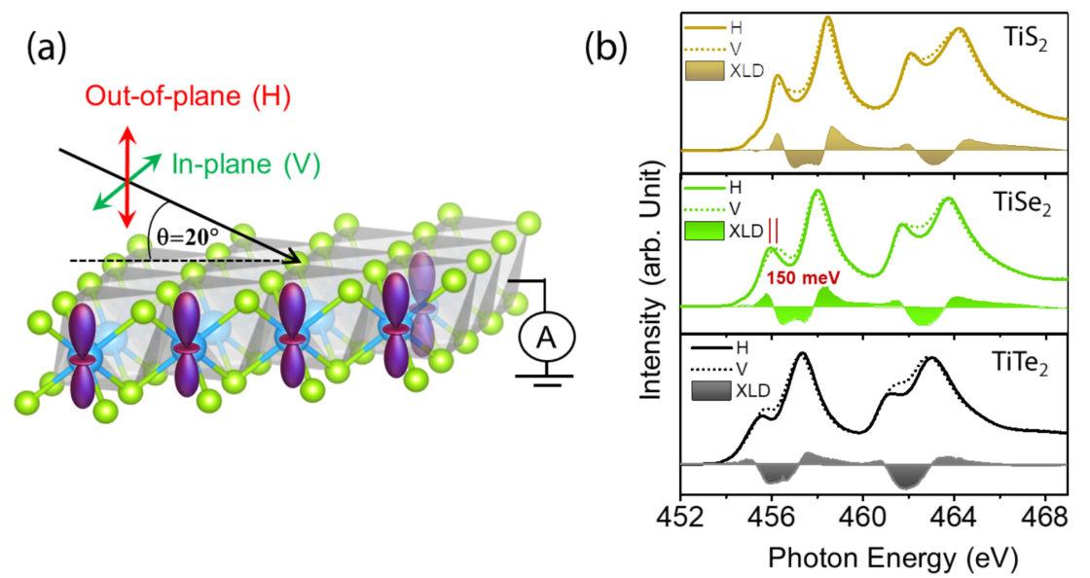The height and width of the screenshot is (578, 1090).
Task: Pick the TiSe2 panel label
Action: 1023,206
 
